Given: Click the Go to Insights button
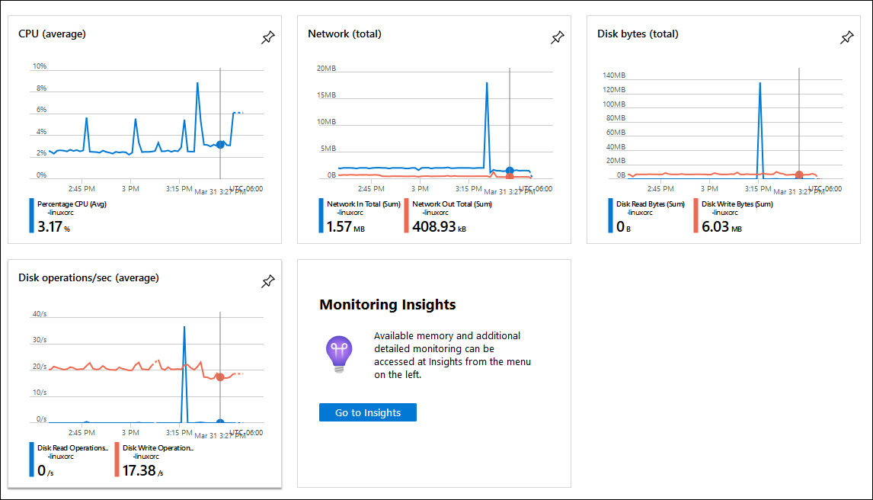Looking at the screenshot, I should point(367,412).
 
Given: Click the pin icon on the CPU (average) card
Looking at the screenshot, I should point(267,38).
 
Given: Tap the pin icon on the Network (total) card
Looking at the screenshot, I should point(557,38).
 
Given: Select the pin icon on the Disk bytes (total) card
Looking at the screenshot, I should point(846,38).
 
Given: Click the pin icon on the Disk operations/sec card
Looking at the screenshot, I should point(267,282).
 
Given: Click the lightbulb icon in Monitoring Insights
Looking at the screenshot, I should point(339,354).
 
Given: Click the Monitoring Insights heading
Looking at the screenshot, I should point(387,305).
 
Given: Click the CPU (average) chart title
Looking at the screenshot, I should point(52,34).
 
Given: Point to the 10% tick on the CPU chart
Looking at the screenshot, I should point(40,66).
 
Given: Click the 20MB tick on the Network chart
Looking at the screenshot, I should point(326,68).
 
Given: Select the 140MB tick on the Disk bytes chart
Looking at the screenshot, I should point(613,75).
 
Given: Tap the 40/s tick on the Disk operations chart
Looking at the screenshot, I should point(40,314).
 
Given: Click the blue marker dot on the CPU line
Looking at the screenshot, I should point(220,144).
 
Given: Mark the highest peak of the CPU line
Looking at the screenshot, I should point(197,82).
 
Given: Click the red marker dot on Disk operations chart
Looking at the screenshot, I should point(220,377).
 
